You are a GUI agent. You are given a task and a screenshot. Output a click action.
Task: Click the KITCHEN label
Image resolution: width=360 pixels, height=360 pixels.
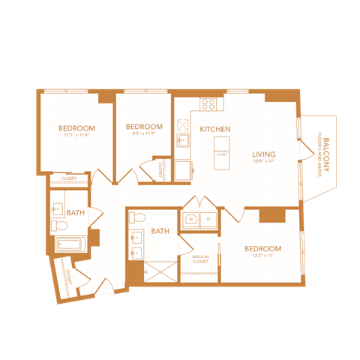pos(214,129)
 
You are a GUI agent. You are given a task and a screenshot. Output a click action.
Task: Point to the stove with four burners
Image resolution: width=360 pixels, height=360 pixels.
pos(208,105)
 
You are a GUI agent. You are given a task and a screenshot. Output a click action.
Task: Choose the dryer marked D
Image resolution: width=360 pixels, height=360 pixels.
pos(208,219)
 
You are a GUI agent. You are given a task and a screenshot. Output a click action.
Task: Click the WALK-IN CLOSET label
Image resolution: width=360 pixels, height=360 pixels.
pos(200,259)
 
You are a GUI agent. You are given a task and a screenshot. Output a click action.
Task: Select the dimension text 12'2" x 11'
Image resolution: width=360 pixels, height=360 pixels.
pos(262,256)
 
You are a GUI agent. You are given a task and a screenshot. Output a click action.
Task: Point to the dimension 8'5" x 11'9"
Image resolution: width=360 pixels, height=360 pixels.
pos(144,134)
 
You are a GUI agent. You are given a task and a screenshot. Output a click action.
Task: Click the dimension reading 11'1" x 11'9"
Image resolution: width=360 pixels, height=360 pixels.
pos(76,136)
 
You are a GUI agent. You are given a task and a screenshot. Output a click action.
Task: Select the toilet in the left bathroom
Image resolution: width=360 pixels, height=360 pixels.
pos(58,224)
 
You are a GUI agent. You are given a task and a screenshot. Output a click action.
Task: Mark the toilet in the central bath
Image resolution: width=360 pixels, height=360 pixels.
pos(136,218)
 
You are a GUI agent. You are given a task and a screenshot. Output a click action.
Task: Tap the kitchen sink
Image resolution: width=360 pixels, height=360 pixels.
pos(183,140)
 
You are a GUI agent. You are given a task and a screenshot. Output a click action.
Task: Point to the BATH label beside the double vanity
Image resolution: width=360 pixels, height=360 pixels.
pos(160,232)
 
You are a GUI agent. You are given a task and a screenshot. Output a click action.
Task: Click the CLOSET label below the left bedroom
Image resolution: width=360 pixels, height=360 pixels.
pos(68,178)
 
